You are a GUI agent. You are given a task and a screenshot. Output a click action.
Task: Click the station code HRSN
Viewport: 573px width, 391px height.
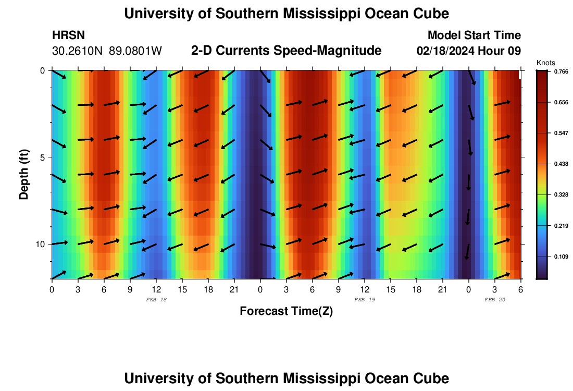68,35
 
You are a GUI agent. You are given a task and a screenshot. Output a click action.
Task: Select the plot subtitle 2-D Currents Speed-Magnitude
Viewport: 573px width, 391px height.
286,51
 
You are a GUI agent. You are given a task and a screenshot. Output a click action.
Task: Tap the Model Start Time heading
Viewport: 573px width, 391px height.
474,35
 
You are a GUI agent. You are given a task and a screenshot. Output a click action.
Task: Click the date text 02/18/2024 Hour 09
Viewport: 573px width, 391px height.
469,51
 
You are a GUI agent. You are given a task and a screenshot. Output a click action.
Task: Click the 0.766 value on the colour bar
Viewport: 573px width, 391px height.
561,72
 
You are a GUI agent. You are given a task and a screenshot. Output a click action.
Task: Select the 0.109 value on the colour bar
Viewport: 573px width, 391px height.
561,256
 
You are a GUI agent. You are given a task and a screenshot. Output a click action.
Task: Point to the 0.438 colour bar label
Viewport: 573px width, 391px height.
561,164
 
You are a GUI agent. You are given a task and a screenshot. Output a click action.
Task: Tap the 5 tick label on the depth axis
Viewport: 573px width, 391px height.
42,157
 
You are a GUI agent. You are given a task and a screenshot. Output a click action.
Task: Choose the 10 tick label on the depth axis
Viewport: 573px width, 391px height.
40,244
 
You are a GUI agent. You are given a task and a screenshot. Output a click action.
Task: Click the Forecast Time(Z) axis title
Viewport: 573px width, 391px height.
286,311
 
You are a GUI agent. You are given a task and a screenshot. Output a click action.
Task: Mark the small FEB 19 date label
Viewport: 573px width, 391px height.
364,300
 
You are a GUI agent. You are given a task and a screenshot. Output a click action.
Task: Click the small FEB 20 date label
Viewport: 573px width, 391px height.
494,300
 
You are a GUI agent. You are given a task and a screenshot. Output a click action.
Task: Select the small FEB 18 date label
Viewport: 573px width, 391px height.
156,300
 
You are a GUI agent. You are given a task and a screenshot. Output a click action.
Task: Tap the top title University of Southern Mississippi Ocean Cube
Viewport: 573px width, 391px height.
286,14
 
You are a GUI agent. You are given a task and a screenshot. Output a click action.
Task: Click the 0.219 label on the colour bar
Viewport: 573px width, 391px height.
561,226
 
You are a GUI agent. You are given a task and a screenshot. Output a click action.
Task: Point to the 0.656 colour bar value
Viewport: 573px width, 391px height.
561,103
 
